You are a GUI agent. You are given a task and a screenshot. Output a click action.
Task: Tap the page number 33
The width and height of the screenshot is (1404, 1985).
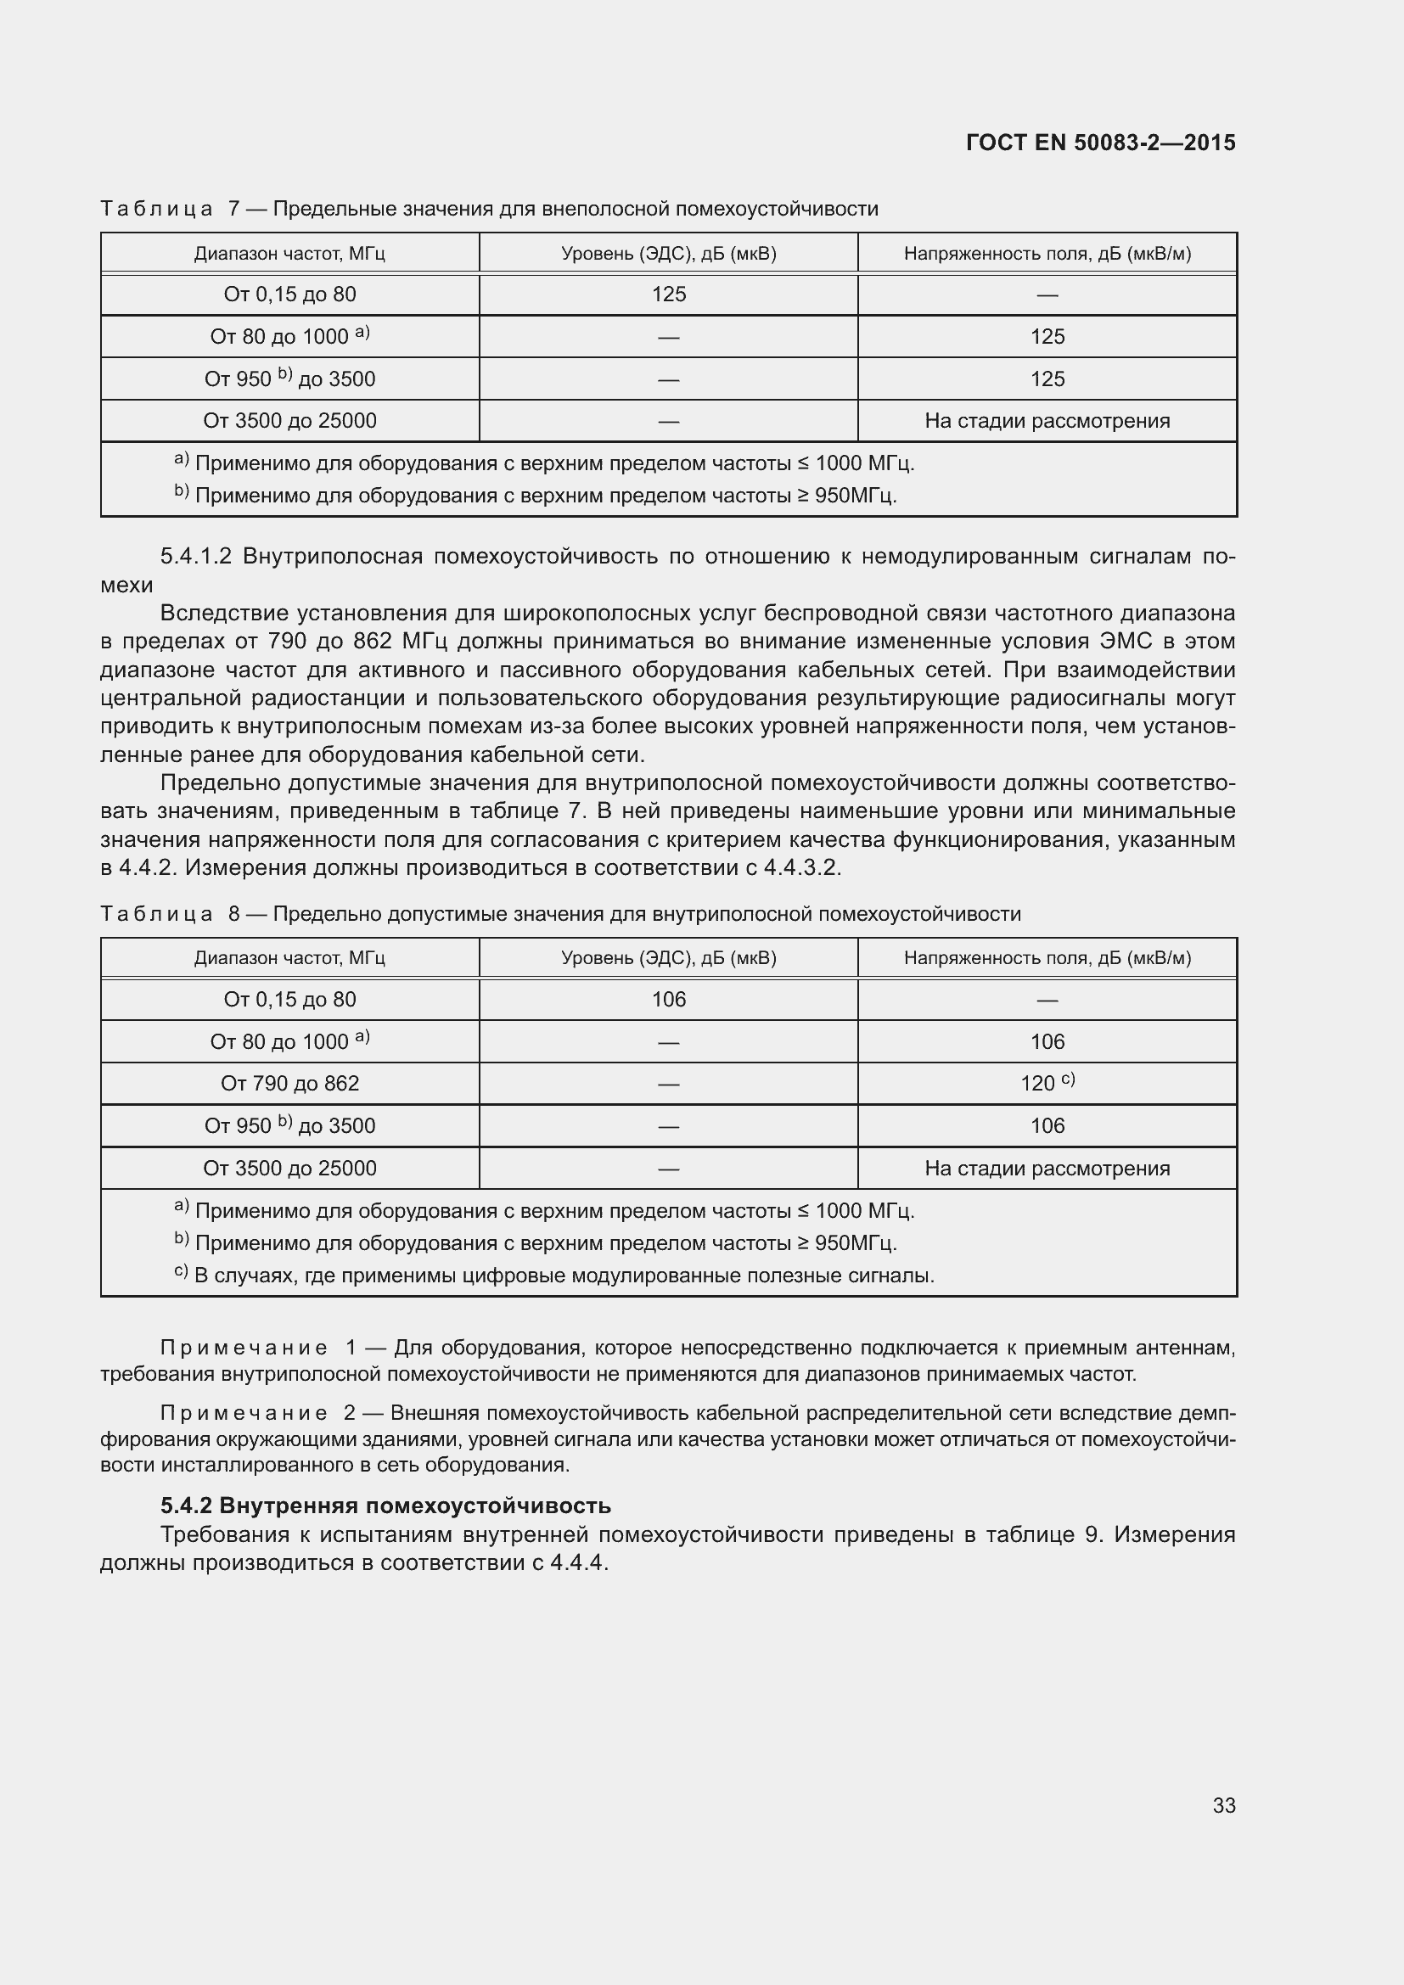click(x=1223, y=1805)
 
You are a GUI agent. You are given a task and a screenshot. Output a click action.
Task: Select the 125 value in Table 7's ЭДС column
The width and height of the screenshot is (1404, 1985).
click(x=668, y=294)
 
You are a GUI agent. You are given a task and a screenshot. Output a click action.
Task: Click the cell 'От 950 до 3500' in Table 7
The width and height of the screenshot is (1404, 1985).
click(x=289, y=378)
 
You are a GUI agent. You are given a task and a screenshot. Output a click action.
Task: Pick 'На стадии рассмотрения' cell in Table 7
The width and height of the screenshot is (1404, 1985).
click(x=1047, y=421)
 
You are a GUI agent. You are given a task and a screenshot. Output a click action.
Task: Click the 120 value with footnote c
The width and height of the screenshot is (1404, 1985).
click(x=1046, y=1083)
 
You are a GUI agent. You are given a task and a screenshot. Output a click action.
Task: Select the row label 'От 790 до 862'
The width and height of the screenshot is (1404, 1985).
click(x=289, y=1083)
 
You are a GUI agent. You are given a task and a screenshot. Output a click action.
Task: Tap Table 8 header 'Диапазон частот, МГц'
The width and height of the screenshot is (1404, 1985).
click(x=289, y=958)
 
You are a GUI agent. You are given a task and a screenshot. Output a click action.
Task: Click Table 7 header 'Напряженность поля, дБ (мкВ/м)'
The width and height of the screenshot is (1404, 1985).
click(x=1047, y=253)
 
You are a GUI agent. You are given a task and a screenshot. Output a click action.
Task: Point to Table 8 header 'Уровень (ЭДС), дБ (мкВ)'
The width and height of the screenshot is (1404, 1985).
click(x=668, y=958)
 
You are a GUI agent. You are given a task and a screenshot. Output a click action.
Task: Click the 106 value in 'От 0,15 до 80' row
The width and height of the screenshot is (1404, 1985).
click(x=668, y=1000)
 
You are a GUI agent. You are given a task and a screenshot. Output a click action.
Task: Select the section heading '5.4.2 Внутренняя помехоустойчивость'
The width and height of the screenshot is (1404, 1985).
click(x=385, y=1506)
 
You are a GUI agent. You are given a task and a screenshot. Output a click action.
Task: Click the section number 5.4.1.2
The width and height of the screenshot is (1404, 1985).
click(x=196, y=556)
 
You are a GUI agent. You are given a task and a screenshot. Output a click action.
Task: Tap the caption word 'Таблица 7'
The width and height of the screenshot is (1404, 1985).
click(x=171, y=210)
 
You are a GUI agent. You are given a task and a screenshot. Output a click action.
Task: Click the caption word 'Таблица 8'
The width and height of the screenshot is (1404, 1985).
click(x=171, y=914)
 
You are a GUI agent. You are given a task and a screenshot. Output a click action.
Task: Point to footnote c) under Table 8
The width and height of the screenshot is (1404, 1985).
click(x=553, y=1276)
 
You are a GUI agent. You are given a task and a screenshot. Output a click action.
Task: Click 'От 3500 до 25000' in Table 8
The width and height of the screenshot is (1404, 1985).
click(x=289, y=1168)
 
